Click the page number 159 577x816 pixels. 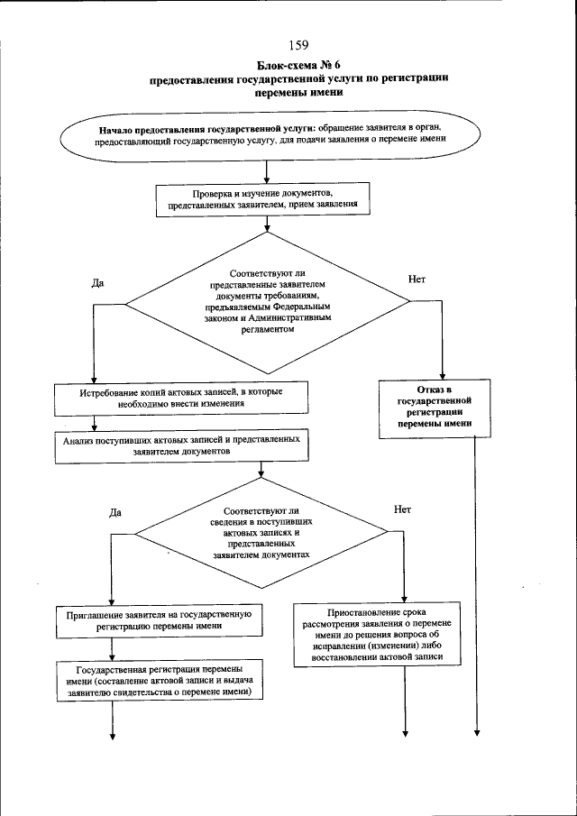[299, 46]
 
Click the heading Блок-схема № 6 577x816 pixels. [299, 64]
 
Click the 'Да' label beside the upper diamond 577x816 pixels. [97, 282]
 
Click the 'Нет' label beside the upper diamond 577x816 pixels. [417, 280]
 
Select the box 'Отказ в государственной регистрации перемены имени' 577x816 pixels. [439, 407]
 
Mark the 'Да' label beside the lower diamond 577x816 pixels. [114, 512]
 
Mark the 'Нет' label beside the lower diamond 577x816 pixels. [403, 509]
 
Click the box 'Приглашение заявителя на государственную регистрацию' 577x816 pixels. [158, 620]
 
